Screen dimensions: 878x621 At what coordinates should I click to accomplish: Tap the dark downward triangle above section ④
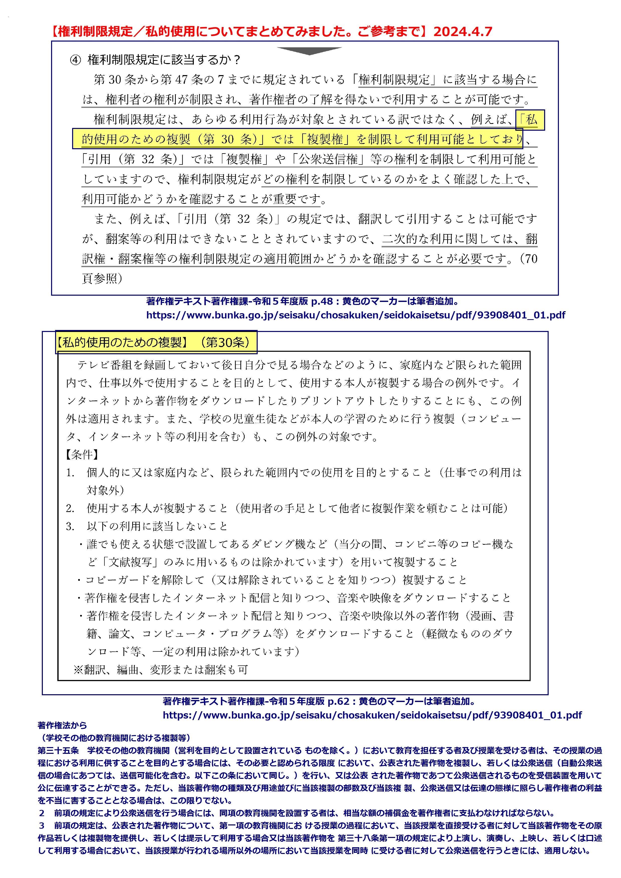[309, 51]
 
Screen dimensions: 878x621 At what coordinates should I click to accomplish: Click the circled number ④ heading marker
[76, 60]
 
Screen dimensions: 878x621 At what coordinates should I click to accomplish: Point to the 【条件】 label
[82, 455]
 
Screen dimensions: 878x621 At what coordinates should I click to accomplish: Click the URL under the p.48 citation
[356, 315]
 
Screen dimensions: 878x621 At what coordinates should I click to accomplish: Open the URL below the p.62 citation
[372, 715]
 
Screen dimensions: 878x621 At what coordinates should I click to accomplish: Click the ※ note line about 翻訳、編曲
[161, 670]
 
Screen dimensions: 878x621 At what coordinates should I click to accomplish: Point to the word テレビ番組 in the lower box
[99, 365]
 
